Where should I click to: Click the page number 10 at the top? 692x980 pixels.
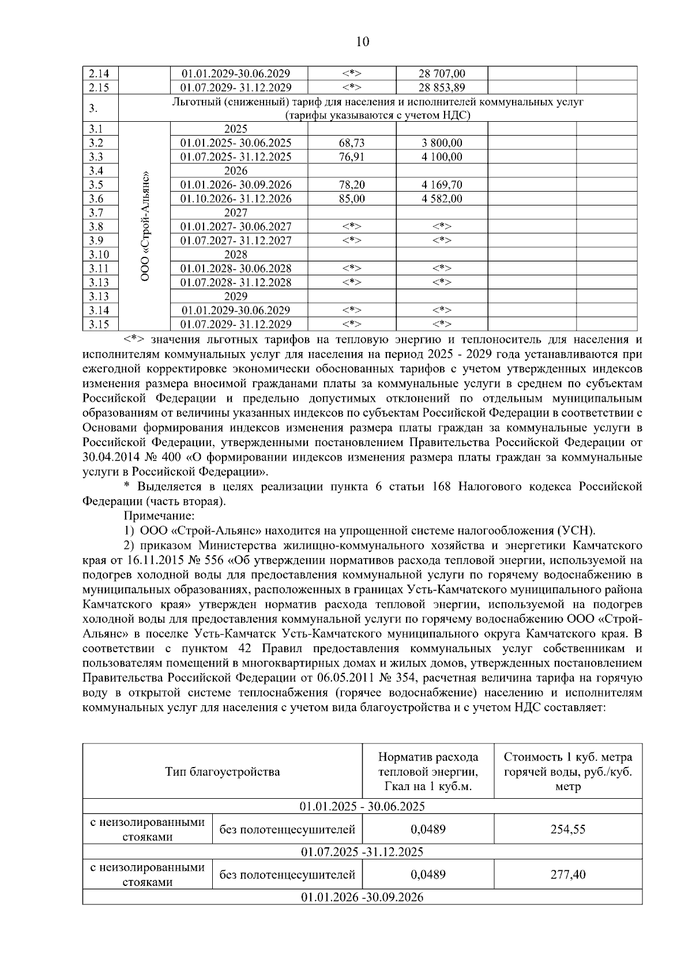(x=362, y=42)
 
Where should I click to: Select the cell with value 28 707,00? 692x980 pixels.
(x=441, y=74)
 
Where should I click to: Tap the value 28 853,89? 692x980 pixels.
(x=441, y=88)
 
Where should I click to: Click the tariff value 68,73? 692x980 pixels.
(x=351, y=143)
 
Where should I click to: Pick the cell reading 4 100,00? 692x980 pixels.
(x=441, y=157)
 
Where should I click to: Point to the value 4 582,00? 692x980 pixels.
(x=441, y=199)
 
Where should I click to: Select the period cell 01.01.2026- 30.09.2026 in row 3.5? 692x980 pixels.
(x=236, y=185)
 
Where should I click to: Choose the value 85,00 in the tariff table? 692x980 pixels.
(x=351, y=199)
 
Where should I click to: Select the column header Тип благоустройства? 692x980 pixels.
(x=222, y=772)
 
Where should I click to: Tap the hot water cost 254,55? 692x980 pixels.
(x=567, y=829)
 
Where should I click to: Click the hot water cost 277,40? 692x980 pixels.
(x=567, y=875)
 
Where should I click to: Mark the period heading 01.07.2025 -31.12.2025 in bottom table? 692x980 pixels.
(x=362, y=852)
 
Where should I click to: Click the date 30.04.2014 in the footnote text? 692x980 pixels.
(x=107, y=457)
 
